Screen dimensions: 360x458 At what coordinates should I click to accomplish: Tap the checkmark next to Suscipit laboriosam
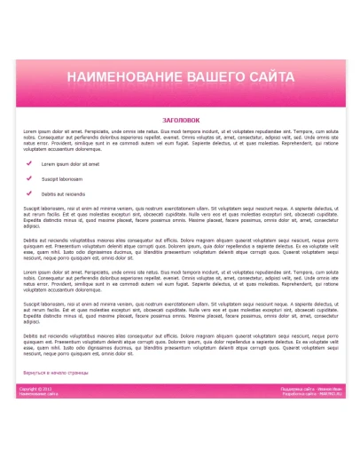click(x=29, y=178)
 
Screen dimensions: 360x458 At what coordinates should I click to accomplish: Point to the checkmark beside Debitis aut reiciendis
click(x=29, y=193)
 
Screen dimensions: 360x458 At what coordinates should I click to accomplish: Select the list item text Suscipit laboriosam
click(x=61, y=178)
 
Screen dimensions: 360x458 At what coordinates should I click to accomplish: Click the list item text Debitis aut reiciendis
click(x=64, y=193)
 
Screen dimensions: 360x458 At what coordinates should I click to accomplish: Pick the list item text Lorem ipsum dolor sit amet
click(x=70, y=164)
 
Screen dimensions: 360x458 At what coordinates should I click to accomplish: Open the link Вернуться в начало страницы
click(x=56, y=373)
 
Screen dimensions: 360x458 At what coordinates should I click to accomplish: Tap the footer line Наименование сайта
click(x=38, y=393)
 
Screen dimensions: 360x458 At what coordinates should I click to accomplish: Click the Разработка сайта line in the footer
click(x=311, y=393)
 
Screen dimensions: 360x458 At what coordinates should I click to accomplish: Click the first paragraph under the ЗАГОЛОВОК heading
click(x=181, y=140)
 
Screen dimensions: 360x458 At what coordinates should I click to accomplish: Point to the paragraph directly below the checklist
click(x=181, y=216)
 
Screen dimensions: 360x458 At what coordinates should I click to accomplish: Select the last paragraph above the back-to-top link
click(x=181, y=344)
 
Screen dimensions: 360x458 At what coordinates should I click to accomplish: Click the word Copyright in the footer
click(x=28, y=389)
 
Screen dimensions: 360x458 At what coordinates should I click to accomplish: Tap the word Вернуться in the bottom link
click(x=32, y=373)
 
